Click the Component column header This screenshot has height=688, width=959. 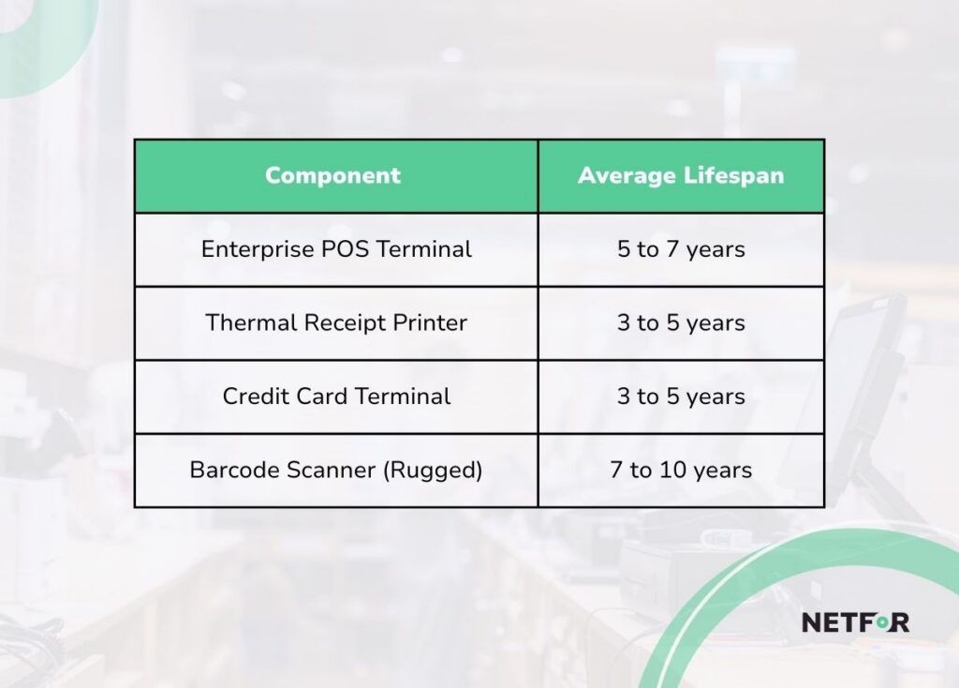tap(332, 175)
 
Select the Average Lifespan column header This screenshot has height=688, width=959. tap(681, 175)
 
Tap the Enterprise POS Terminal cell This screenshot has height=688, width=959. tap(336, 249)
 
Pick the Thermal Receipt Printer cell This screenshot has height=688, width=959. tap(336, 322)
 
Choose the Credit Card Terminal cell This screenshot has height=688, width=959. tap(336, 396)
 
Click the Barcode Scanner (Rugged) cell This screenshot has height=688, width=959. tap(336, 470)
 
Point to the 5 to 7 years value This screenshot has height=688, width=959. tap(681, 249)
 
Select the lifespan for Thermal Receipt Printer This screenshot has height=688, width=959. tap(681, 322)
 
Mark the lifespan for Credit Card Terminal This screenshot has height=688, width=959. tap(681, 396)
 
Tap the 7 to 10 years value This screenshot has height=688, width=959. tap(681, 470)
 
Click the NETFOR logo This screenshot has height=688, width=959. tap(855, 621)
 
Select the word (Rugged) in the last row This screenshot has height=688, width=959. tap(433, 470)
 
